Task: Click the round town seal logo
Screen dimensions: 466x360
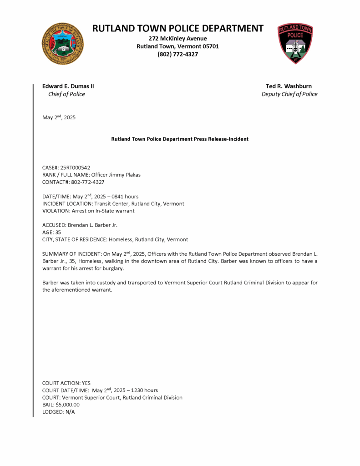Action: tap(63, 44)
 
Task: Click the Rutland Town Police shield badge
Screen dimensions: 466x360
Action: tap(295, 44)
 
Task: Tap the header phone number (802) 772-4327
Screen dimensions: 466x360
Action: tap(177, 54)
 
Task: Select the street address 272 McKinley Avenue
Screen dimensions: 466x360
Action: tap(177, 38)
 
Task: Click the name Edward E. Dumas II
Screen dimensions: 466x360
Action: tap(68, 86)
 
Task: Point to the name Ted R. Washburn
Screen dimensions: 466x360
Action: tap(289, 86)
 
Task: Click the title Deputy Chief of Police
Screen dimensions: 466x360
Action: tap(289, 94)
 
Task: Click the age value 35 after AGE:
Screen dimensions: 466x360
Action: tap(58, 232)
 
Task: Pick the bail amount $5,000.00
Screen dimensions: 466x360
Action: tap(68, 405)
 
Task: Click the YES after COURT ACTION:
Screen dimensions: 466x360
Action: tap(86, 383)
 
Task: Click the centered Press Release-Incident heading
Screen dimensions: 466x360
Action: tap(180, 139)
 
